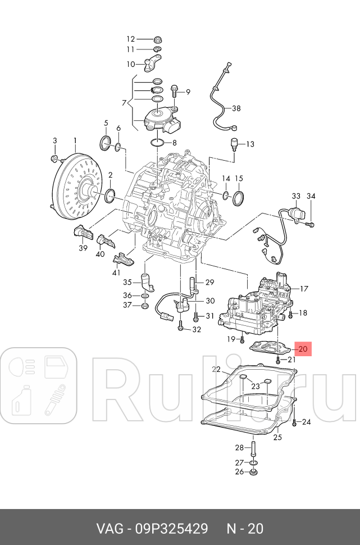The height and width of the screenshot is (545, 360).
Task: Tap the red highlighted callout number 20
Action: pos(303,349)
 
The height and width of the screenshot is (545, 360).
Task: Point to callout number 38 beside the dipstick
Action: pos(236,108)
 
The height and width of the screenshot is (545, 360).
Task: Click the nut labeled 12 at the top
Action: pos(158,40)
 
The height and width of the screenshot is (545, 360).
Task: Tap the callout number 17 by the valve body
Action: pos(304,289)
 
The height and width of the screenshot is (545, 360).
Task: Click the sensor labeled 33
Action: pos(294,214)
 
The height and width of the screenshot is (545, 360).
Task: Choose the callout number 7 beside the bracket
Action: pos(124,102)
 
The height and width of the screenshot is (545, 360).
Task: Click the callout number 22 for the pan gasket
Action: pos(216,369)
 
